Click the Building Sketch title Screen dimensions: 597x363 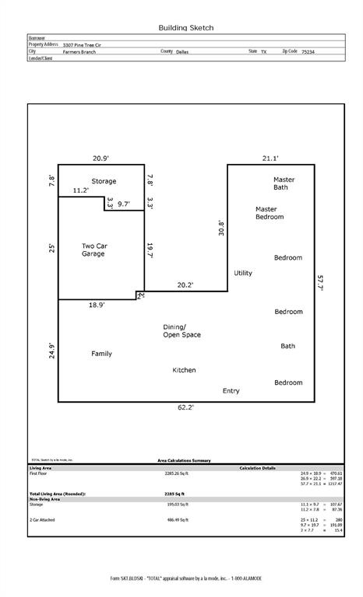pos(185,27)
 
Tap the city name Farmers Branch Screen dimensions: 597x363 pos(80,51)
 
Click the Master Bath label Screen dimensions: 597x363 pos(284,183)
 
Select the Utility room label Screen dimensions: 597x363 pos(243,273)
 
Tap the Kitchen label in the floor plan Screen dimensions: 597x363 pos(184,370)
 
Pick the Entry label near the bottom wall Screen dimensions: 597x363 pos(231,390)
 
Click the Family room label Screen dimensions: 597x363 pos(101,354)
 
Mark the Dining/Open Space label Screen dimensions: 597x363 pos(181,330)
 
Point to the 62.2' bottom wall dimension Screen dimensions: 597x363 pos(185,407)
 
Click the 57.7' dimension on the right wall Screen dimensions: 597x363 pos(320,282)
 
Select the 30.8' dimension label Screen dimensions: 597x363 pos(221,228)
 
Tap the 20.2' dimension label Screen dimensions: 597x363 pos(185,285)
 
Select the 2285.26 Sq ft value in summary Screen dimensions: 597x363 pos(178,473)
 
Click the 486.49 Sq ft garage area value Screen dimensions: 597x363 pos(178,519)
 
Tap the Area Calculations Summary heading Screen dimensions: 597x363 pos(184,460)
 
